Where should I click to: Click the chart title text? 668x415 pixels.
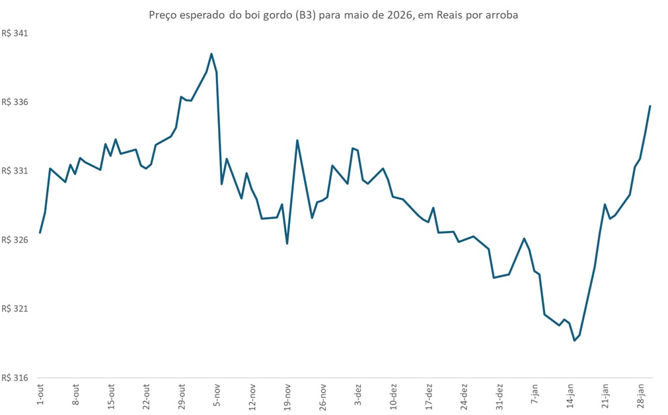[334, 15]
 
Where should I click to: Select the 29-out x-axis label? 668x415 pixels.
[182, 395]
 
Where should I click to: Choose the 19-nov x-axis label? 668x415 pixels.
[288, 395]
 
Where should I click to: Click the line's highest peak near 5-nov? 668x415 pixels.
[211, 54]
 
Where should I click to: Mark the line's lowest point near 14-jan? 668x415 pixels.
[574, 340]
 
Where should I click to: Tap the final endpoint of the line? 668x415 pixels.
[650, 106]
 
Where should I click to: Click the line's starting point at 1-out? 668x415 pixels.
[40, 233]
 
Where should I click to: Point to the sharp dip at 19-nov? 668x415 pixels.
[287, 243]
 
